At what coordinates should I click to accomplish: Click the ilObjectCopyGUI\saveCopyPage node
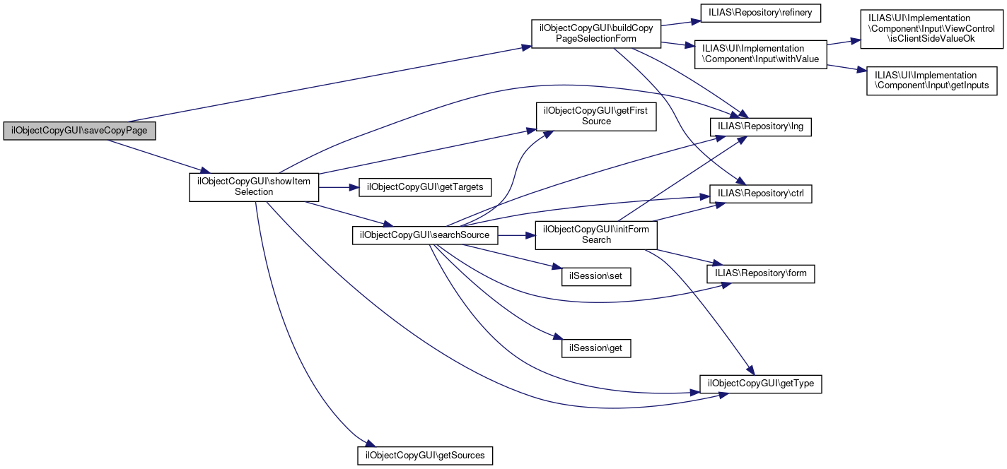(x=79, y=131)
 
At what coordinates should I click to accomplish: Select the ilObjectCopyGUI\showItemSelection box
(x=254, y=186)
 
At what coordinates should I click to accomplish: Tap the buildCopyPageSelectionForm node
(x=596, y=33)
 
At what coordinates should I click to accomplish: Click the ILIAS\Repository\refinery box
(x=759, y=13)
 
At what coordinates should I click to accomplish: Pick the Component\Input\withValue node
(x=760, y=54)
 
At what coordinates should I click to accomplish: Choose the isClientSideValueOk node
(x=931, y=28)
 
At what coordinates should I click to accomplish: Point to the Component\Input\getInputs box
(x=932, y=81)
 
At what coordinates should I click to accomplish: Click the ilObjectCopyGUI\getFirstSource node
(x=596, y=116)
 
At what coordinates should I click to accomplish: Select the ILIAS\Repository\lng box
(x=761, y=127)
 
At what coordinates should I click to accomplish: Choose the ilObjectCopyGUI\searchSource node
(x=425, y=234)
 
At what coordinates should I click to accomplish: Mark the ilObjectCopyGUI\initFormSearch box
(x=596, y=234)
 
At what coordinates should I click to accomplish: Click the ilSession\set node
(x=591, y=276)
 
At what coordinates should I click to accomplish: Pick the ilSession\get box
(x=591, y=348)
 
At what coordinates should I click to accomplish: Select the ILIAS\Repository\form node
(x=761, y=273)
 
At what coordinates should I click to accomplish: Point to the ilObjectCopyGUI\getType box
(x=761, y=384)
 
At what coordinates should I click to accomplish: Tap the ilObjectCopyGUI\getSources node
(x=425, y=455)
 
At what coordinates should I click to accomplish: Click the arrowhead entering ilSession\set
(x=557, y=268)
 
